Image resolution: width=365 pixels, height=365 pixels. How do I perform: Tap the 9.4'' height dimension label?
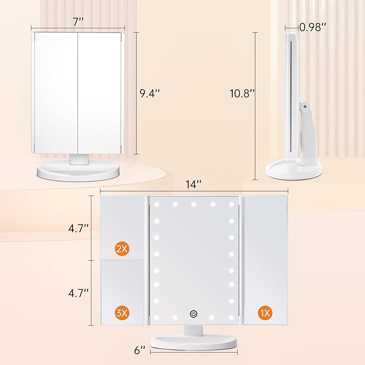tap(149, 93)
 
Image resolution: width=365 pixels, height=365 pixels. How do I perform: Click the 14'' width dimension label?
tap(194, 184)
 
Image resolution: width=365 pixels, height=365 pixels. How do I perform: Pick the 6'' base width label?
tap(139, 350)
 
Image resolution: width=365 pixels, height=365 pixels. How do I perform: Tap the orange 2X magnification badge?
tap(121, 248)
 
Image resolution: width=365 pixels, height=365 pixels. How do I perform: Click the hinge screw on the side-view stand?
tap(305, 108)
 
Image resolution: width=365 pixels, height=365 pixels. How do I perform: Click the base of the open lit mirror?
tap(194, 341)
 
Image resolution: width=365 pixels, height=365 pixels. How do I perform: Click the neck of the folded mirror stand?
tap(81, 159)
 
